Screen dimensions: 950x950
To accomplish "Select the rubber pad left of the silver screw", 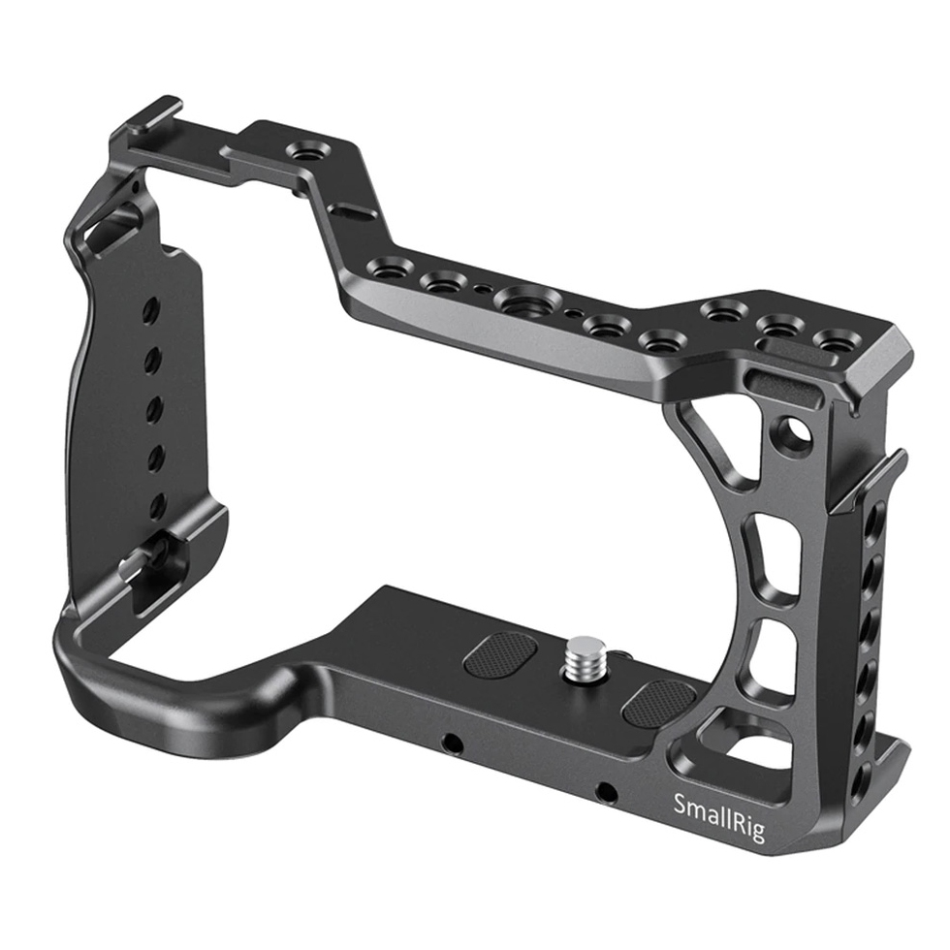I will (x=500, y=655).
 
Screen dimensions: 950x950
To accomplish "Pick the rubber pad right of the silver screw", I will (x=659, y=701).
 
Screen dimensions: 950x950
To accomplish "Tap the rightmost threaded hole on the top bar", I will (x=832, y=339).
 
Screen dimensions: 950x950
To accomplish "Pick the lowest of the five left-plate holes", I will (x=157, y=505).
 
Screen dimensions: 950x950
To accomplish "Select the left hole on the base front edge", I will (x=450, y=744).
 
